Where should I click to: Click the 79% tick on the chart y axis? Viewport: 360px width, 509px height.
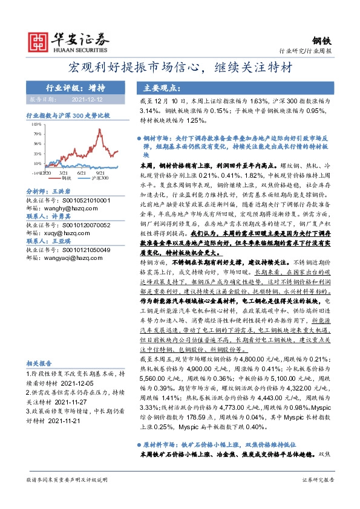38,134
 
